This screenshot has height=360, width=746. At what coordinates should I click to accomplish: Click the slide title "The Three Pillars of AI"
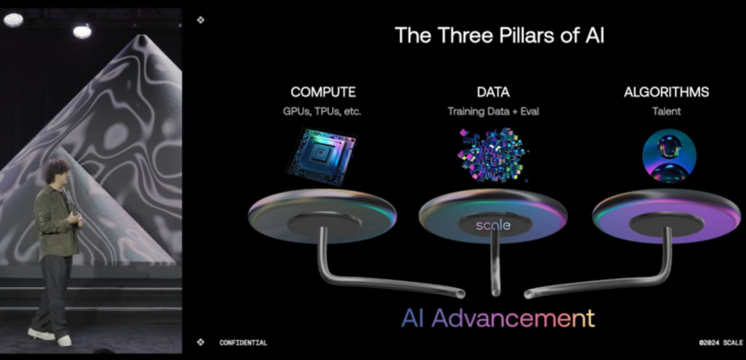(x=499, y=36)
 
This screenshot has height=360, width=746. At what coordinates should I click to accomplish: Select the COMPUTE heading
(x=323, y=92)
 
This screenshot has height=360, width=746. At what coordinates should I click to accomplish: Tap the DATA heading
(x=493, y=92)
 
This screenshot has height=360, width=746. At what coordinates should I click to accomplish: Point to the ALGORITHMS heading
(x=666, y=92)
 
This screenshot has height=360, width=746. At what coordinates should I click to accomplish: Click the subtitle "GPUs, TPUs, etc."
(x=322, y=112)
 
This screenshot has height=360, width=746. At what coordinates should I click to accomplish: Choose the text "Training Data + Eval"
(x=493, y=112)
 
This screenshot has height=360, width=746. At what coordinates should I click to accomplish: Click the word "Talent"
(x=666, y=112)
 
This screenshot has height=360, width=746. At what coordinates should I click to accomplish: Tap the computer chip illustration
(x=322, y=156)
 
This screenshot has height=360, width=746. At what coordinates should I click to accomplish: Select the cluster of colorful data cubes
(x=493, y=154)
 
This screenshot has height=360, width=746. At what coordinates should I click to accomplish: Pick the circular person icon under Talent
(x=669, y=156)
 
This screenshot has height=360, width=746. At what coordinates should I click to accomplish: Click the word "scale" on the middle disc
(x=493, y=225)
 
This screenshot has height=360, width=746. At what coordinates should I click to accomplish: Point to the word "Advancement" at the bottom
(x=514, y=318)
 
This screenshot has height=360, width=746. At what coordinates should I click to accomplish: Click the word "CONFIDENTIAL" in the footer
(x=243, y=343)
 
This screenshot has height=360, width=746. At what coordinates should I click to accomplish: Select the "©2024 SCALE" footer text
(x=721, y=343)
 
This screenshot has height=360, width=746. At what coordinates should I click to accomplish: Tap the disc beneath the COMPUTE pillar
(x=322, y=216)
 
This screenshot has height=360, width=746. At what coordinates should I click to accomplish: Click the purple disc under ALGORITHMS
(x=666, y=216)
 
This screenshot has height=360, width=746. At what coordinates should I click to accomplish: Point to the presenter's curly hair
(x=56, y=171)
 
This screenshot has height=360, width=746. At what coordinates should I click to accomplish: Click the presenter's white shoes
(x=49, y=337)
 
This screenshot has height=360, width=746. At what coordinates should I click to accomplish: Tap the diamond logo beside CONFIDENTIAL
(x=200, y=342)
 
